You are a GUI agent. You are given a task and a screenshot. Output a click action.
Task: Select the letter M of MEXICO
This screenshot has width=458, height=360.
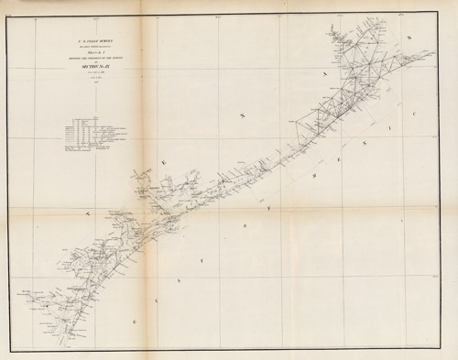[x=314, y=174]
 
